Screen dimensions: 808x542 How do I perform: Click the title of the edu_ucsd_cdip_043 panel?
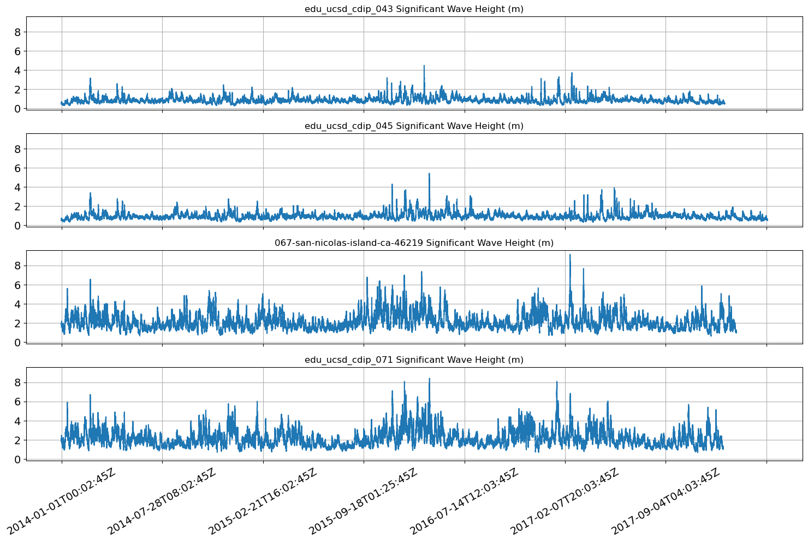click(414, 9)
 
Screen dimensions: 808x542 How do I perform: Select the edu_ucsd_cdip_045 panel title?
click(414, 126)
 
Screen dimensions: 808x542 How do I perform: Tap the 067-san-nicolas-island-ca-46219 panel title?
click(414, 243)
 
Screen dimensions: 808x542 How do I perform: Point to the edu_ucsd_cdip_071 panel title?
click(414, 360)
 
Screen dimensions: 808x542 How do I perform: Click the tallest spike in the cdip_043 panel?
click(424, 66)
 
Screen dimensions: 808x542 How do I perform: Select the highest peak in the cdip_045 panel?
click(429, 174)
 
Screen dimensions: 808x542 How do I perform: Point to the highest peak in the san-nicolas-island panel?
click(570, 255)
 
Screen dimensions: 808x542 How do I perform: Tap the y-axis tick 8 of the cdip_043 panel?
click(17, 32)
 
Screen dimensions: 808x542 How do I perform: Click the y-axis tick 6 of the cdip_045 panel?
click(17, 168)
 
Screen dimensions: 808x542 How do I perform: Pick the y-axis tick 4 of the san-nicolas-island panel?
click(17, 304)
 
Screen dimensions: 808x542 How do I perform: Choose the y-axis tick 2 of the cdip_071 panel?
click(17, 440)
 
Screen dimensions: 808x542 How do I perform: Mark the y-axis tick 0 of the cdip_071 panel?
click(17, 459)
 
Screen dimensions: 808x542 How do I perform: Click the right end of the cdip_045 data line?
click(767, 220)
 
